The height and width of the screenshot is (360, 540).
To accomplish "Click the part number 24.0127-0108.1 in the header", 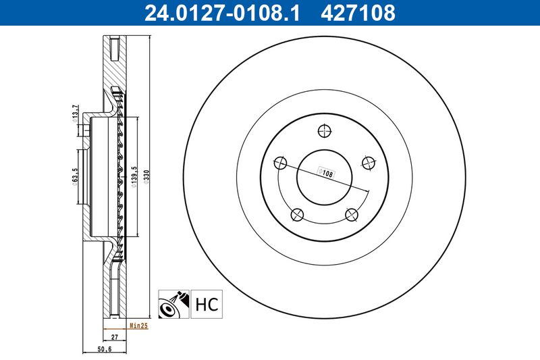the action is click(x=222, y=13).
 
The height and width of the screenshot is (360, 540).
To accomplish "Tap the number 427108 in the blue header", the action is click(x=358, y=13).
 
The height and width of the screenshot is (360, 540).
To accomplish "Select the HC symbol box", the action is click(x=207, y=304).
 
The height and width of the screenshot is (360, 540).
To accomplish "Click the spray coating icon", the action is click(x=173, y=304).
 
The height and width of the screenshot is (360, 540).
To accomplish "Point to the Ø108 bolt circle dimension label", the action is click(x=325, y=173).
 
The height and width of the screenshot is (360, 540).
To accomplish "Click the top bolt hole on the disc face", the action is click(x=325, y=131).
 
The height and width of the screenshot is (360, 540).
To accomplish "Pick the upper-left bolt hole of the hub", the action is click(x=280, y=163).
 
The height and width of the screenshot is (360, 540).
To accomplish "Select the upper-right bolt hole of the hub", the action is click(x=369, y=163).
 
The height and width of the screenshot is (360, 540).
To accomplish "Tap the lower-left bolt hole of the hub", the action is click(x=297, y=215).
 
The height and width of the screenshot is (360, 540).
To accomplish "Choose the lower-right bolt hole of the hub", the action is click(x=352, y=215).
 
